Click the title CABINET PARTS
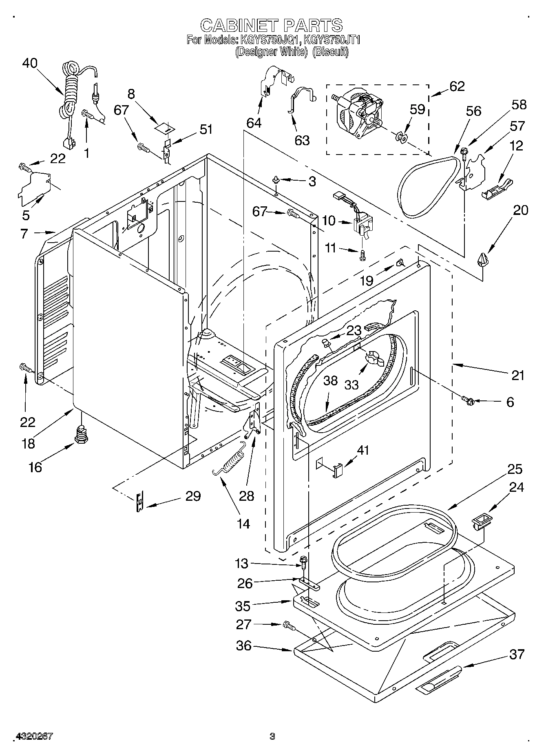(x=272, y=25)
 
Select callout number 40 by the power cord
(x=29, y=63)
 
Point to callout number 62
(x=457, y=86)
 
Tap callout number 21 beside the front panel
(x=517, y=375)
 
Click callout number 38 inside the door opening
(x=330, y=380)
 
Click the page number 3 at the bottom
(x=272, y=736)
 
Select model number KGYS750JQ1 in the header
(x=270, y=40)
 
